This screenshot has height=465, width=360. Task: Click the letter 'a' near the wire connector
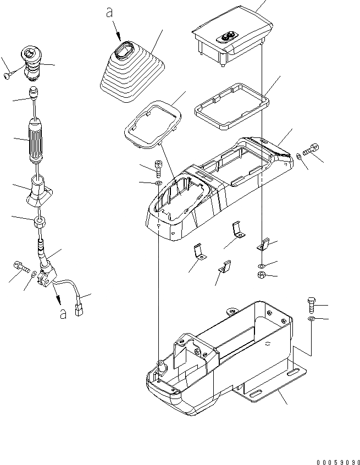[65, 313]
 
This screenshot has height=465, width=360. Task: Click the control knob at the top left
[32, 62]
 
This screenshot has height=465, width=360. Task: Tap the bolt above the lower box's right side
[311, 303]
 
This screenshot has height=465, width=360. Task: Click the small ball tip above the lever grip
[35, 91]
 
